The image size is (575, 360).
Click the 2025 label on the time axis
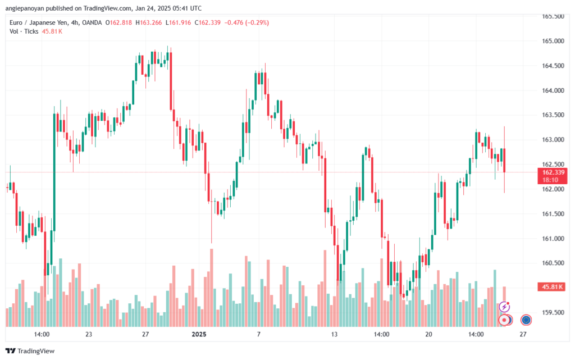(199, 334)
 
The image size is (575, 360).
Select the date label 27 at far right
(523, 334)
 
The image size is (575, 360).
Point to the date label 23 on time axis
(89, 334)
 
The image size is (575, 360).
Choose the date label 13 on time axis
(334, 334)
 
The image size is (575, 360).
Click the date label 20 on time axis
(429, 334)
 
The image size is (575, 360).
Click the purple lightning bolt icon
(504, 307)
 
